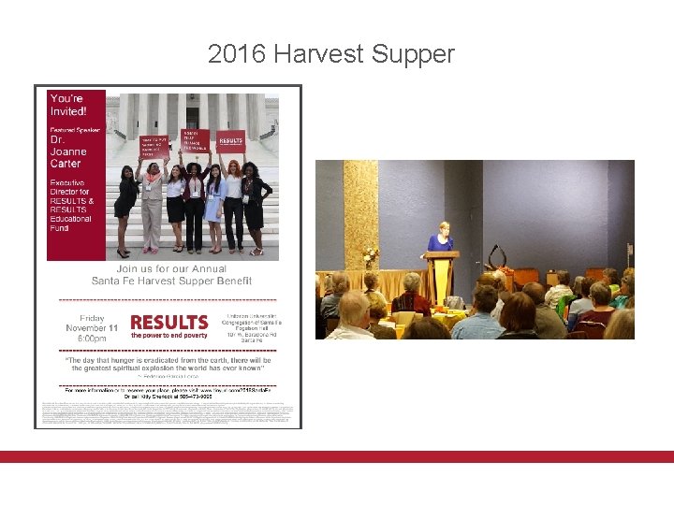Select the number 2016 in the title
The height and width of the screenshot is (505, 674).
point(236,54)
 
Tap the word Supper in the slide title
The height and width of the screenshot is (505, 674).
point(412,54)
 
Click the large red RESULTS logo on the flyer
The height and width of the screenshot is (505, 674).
point(169,322)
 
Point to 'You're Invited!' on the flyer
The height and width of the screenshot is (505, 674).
point(67,103)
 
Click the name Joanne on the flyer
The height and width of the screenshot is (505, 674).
point(68,151)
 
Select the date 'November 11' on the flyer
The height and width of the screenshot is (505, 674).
point(92,328)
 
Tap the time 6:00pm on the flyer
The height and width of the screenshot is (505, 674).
point(92,339)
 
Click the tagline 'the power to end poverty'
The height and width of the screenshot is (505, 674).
point(169,335)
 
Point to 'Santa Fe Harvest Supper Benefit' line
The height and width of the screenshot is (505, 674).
point(168,281)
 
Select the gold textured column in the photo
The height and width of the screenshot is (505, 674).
point(360,215)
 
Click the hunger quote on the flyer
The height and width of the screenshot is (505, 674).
point(168,365)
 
